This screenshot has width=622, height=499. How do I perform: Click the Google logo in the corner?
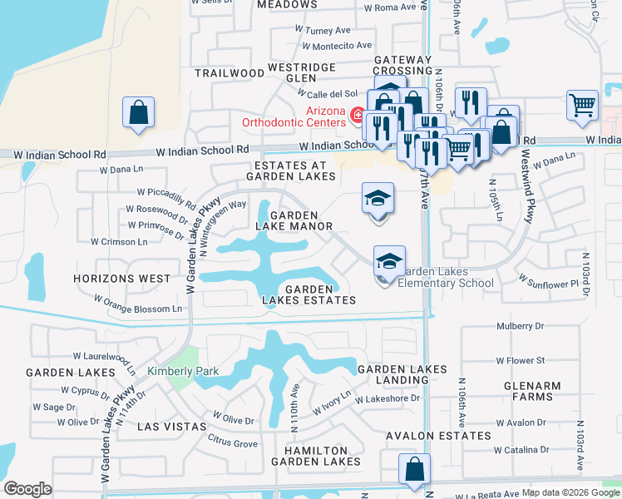[x=27, y=489]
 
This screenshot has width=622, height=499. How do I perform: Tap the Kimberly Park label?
[x=175, y=371]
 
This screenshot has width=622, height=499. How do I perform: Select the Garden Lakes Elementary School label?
[x=445, y=277]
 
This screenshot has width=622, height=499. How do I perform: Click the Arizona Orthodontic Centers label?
[x=294, y=116]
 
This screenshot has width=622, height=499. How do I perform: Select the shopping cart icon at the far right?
[x=583, y=106]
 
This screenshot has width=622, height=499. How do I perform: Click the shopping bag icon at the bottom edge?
[x=414, y=470]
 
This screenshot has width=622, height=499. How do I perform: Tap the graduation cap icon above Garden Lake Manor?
[x=378, y=200]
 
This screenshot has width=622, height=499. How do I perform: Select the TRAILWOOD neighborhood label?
[x=229, y=73]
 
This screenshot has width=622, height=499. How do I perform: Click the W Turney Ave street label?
[x=323, y=30]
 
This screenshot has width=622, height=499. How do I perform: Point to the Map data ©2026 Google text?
[x=570, y=492]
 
